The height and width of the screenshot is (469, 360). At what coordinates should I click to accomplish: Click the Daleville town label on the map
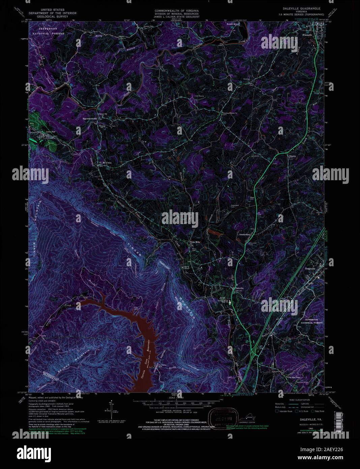coord(239,288)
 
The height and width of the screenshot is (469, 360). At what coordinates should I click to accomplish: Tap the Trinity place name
coord(292,156)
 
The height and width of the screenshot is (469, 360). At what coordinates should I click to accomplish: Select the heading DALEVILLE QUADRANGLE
coord(301,8)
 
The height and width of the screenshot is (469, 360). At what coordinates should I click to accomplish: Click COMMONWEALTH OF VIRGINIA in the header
coord(176,10)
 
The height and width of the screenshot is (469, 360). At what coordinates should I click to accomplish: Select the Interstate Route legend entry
coord(284,411)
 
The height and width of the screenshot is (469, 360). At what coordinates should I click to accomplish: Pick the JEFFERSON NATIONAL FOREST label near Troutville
coord(311,321)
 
